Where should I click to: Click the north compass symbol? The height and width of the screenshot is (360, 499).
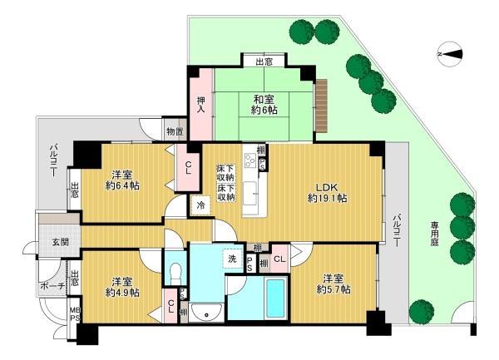click(x=450, y=54)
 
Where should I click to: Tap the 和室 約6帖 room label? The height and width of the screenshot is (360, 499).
click(x=264, y=105)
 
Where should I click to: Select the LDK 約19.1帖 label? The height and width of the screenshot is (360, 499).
click(x=327, y=193)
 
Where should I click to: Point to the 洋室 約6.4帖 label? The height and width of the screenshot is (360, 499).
click(x=122, y=180)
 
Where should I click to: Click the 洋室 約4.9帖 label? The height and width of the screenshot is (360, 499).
click(x=122, y=287)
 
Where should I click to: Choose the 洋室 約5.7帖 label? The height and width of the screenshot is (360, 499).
click(x=333, y=284)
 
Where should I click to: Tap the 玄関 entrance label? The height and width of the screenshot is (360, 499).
click(x=60, y=242)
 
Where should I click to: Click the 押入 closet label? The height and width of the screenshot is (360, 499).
click(x=200, y=105)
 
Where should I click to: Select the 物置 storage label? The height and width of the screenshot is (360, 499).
click(x=175, y=131)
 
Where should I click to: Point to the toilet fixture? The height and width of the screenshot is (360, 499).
click(x=175, y=274)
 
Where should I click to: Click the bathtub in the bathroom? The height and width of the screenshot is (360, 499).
click(x=275, y=299)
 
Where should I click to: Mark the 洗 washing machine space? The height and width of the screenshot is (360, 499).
click(x=232, y=259)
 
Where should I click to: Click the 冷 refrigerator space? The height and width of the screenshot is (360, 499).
click(x=200, y=205)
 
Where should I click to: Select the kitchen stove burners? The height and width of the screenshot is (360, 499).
click(x=250, y=160)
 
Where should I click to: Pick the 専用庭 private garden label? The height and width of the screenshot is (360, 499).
click(x=435, y=234)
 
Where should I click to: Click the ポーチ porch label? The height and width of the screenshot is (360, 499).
click(x=52, y=285)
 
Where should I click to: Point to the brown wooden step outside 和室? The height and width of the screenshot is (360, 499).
click(x=321, y=106)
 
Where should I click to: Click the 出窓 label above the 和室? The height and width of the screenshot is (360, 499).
click(x=264, y=62)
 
